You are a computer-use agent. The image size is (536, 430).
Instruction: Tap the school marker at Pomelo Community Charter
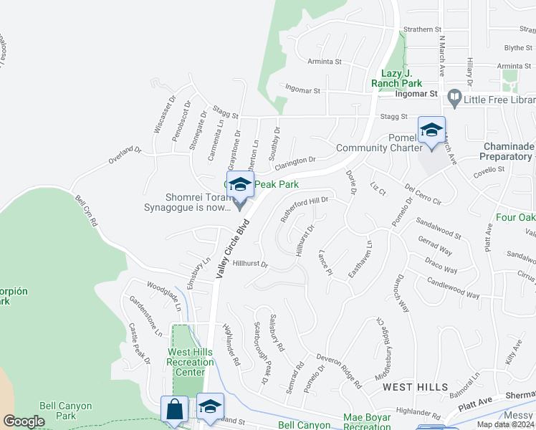[x=431, y=131]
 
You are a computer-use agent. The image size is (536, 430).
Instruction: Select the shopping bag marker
[x=174, y=411]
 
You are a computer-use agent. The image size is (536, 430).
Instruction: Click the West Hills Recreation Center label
[x=190, y=362]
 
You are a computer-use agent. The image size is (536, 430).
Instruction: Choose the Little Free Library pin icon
[x=454, y=96]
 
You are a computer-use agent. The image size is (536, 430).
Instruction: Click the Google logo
[x=24, y=421]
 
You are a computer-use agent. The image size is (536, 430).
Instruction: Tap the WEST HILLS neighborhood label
[x=415, y=387]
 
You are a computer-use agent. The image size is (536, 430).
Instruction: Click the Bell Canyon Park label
[x=65, y=411]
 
